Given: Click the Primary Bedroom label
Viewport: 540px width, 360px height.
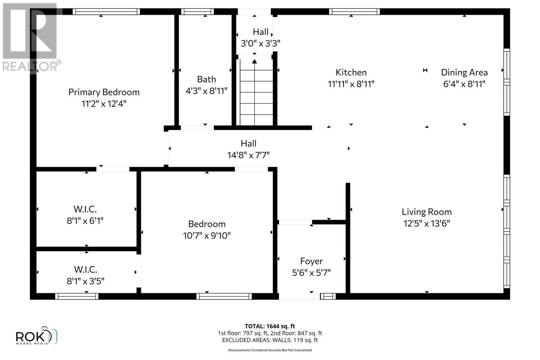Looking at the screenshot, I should pyautogui.click(x=104, y=92).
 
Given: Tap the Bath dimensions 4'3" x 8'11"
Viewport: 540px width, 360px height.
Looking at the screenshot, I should pyautogui.click(x=206, y=91).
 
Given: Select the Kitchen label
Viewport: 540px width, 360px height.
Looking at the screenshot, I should pyautogui.click(x=351, y=73).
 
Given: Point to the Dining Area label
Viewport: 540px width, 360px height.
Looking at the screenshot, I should pyautogui.click(x=464, y=73).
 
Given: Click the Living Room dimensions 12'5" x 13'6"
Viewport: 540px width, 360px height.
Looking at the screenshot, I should pyautogui.click(x=427, y=223).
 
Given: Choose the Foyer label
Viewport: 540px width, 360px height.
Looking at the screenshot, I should pyautogui.click(x=311, y=261).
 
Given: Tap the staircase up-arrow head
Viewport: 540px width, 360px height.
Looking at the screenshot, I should pyautogui.click(x=254, y=61).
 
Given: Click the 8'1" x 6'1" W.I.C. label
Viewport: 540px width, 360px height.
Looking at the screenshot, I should pyautogui.click(x=85, y=209).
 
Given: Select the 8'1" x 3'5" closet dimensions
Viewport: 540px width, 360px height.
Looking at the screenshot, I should pyautogui.click(x=85, y=281).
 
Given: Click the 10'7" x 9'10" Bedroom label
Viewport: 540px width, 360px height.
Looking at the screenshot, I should pyautogui.click(x=207, y=224).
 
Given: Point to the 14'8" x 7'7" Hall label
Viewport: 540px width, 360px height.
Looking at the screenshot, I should pyautogui.click(x=248, y=144).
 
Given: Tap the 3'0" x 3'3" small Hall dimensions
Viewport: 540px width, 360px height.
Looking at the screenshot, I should pyautogui.click(x=260, y=44).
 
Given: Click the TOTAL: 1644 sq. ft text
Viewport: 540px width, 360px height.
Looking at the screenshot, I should pyautogui.click(x=270, y=326).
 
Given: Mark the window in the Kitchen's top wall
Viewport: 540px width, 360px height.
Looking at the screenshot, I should pyautogui.click(x=354, y=11).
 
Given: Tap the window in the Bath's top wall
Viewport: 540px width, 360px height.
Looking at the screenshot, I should pyautogui.click(x=197, y=11).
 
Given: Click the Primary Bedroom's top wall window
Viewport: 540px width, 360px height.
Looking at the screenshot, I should pyautogui.click(x=106, y=11).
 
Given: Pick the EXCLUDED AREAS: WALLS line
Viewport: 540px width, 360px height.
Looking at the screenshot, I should pyautogui.click(x=270, y=340).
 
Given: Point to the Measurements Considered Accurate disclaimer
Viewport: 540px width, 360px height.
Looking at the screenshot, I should pyautogui.click(x=270, y=350).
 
